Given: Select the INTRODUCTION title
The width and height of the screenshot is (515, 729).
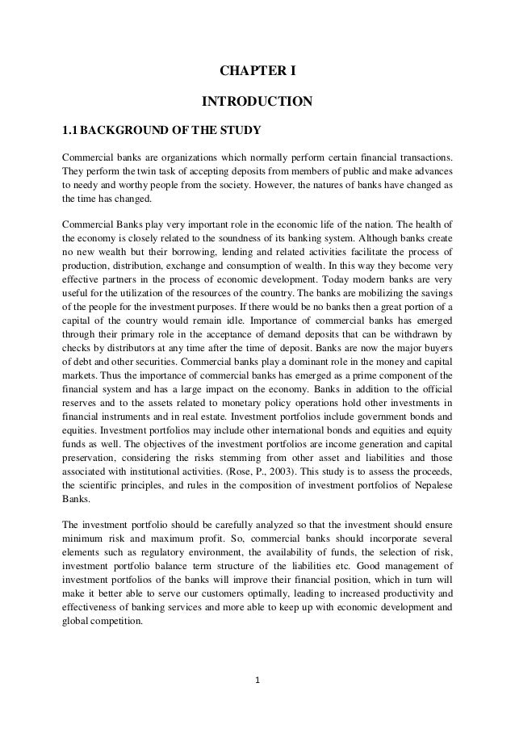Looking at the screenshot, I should tap(257, 102).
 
